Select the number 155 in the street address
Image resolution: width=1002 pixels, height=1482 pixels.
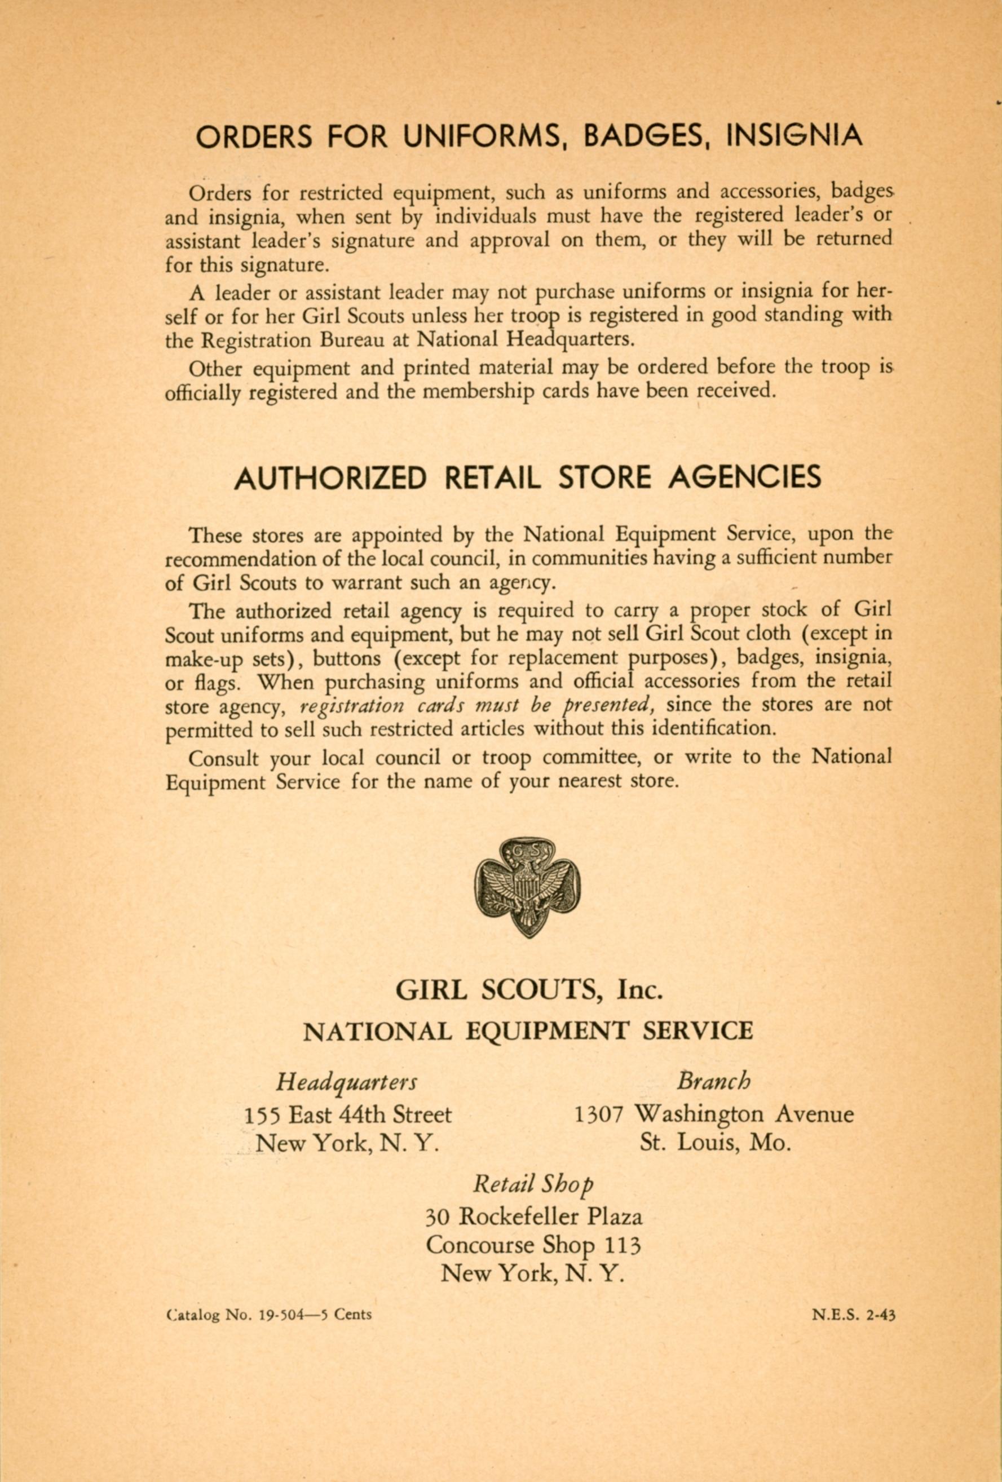[263, 1114]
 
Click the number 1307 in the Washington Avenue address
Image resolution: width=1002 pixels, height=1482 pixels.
[598, 1114]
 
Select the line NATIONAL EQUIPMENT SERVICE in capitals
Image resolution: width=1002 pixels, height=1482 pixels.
[527, 1031]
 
